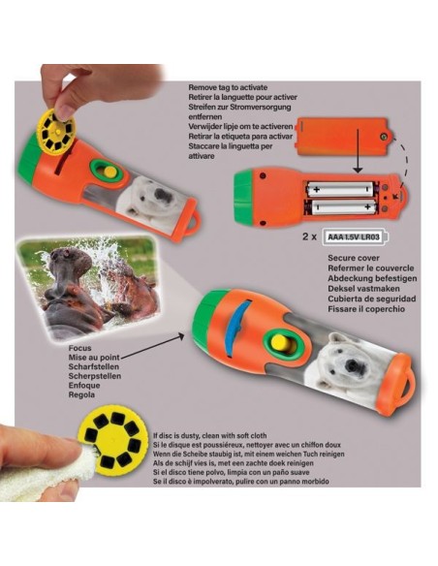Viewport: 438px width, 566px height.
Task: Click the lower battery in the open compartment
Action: (339, 205)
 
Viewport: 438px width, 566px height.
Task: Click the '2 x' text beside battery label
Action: (284, 236)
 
